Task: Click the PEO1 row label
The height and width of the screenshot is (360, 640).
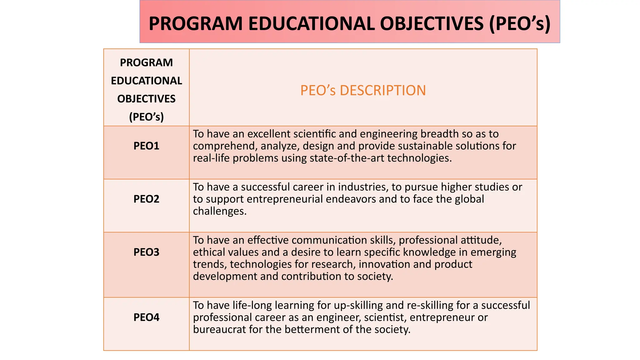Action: [146, 146]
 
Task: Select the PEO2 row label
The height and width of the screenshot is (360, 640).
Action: [146, 199]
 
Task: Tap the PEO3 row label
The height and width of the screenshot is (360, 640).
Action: [146, 252]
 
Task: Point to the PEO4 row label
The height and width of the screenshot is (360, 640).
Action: [146, 317]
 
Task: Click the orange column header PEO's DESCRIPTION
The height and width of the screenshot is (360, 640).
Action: [363, 90]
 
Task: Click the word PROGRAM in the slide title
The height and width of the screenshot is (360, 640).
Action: [196, 23]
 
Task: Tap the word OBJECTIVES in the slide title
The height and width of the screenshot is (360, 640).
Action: [432, 23]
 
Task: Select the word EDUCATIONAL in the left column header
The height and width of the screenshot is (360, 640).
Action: [146, 81]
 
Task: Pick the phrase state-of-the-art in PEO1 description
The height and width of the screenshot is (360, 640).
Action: [347, 158]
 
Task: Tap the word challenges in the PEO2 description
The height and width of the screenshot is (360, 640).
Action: [220, 211]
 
